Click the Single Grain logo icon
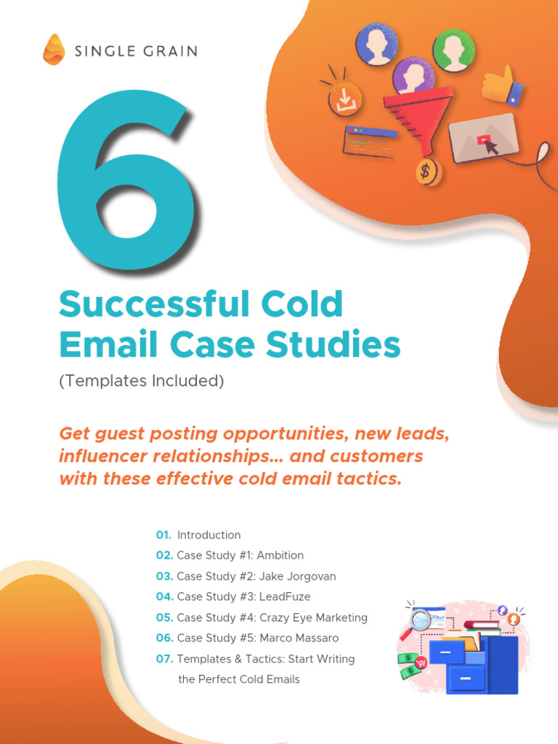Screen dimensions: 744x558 coord(53,49)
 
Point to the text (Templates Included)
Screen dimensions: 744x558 coord(142,381)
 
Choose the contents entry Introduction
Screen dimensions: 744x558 coord(209,535)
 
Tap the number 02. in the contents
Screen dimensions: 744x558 coord(164,555)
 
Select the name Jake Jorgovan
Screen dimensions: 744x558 coord(298,576)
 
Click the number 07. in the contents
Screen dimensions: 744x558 coord(164,659)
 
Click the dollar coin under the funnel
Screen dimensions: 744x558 coord(428,171)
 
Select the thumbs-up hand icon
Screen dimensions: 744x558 coord(501,86)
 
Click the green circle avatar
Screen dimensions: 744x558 coord(453,50)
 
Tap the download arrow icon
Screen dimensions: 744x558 coord(344,100)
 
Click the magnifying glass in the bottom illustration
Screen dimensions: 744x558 coord(420,620)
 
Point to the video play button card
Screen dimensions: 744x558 coord(483,138)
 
